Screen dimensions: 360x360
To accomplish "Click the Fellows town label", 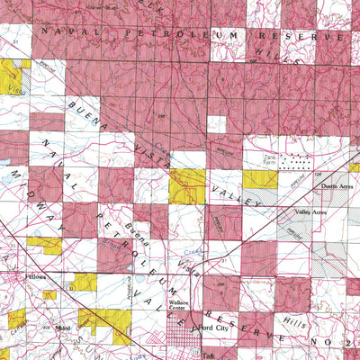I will coord(35,277).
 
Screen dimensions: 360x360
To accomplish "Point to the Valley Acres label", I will coord(309,212).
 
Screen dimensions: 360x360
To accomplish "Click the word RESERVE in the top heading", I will coord(288,36).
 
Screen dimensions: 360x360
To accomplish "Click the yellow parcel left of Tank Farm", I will coord(259,179).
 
